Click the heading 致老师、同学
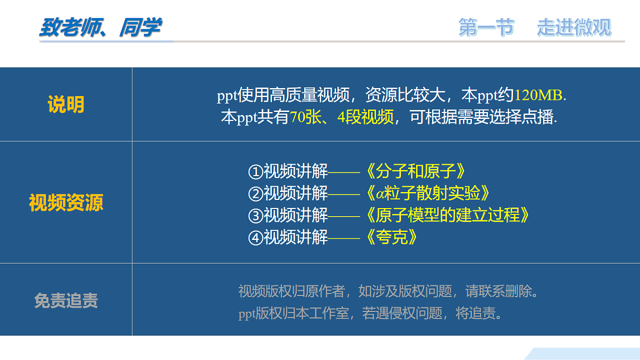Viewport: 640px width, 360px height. (x=100, y=27)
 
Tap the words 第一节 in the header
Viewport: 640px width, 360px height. (x=486, y=27)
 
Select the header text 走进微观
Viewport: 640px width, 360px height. (x=574, y=27)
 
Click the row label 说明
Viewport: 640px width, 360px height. (x=66, y=105)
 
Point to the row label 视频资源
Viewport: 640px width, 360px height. (x=66, y=203)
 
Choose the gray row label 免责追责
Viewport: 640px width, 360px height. (x=66, y=301)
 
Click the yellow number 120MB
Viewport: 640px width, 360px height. (x=538, y=95)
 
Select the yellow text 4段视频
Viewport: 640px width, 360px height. (x=366, y=117)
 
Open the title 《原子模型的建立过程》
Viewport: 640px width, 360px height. (x=448, y=215)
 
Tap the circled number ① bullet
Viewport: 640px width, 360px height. (x=256, y=172)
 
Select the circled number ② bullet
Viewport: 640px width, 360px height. (x=256, y=193)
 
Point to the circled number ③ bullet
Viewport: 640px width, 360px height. (x=256, y=215)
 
